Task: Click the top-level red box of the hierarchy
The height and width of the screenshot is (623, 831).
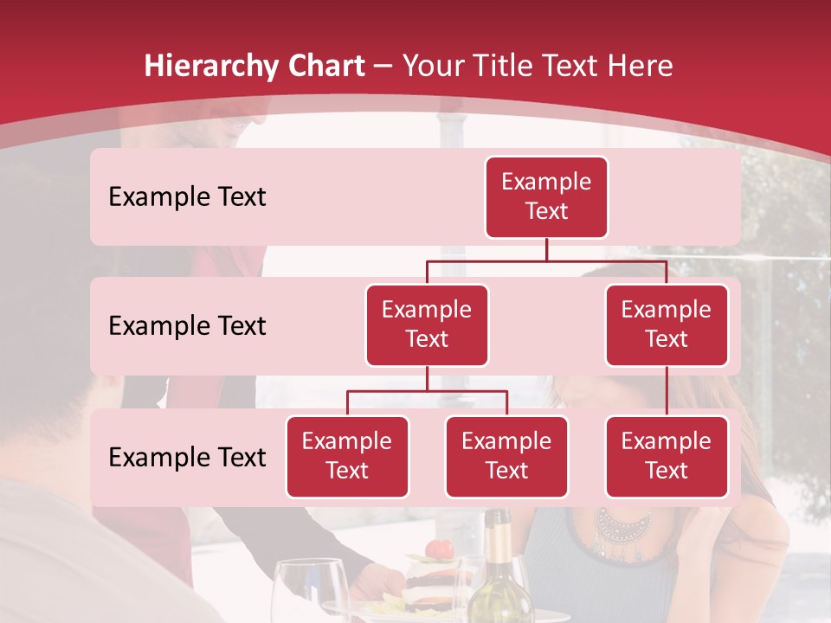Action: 546,196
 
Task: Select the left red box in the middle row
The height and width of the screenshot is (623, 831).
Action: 427,324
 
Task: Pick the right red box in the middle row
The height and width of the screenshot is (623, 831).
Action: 667,324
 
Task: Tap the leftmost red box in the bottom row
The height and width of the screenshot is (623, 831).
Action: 347,456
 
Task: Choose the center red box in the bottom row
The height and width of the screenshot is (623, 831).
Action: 506,456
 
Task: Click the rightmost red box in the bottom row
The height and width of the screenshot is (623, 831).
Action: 667,456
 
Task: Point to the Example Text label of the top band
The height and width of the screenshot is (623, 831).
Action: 187,196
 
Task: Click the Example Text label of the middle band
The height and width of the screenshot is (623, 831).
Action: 187,325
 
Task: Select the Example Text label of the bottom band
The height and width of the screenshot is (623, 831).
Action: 187,457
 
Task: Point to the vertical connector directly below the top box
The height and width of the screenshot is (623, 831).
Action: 546,249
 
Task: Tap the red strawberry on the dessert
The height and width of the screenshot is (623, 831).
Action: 441,549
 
